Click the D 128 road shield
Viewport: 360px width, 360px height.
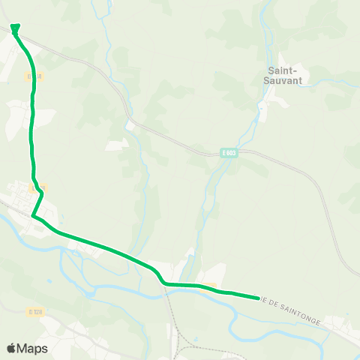[x=33, y=311]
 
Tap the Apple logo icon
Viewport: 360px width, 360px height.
[x=11, y=348]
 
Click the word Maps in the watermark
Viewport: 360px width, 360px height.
[x=33, y=348]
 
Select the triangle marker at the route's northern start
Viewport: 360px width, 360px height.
[x=16, y=30]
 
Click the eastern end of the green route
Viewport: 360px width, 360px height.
[x=258, y=297]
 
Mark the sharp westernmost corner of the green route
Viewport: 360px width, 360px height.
[x=34, y=216]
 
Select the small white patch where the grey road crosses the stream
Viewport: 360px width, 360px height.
[x=130, y=125]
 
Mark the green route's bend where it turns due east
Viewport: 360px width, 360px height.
[x=164, y=283]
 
